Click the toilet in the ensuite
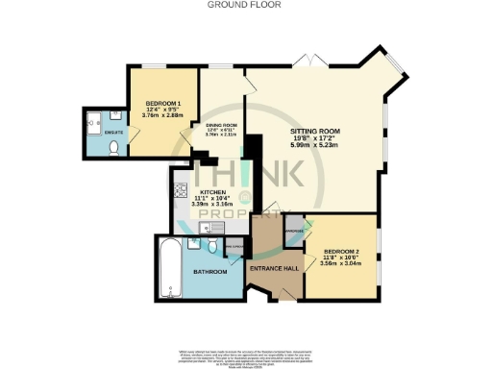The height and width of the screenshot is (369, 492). click(113, 148)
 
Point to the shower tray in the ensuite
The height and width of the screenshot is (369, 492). click(96, 121)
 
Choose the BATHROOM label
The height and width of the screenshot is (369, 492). click(209, 272)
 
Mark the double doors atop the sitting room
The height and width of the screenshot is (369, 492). click(309, 62)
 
